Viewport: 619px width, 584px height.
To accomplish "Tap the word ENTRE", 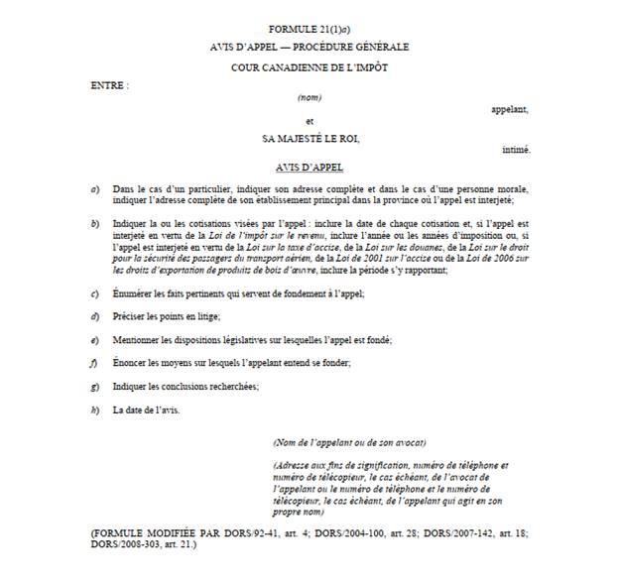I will (109, 84).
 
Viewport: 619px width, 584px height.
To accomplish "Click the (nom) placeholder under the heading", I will (309, 98).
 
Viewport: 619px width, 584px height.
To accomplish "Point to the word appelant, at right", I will (510, 110).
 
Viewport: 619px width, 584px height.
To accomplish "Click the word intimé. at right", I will (515, 150).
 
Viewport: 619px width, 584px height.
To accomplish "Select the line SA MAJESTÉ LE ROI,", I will (309, 139).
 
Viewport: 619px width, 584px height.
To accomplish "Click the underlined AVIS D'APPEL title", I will (309, 167).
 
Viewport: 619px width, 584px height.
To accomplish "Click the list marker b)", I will (95, 225).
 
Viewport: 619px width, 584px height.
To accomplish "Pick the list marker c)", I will (95, 294).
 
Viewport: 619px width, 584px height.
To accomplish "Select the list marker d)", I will (95, 316).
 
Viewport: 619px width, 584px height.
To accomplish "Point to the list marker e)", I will (95, 340).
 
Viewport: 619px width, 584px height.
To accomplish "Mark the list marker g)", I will (95, 386).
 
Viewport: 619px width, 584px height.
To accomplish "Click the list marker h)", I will (95, 409).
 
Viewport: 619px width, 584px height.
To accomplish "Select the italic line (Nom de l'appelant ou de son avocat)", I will (349, 442).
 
